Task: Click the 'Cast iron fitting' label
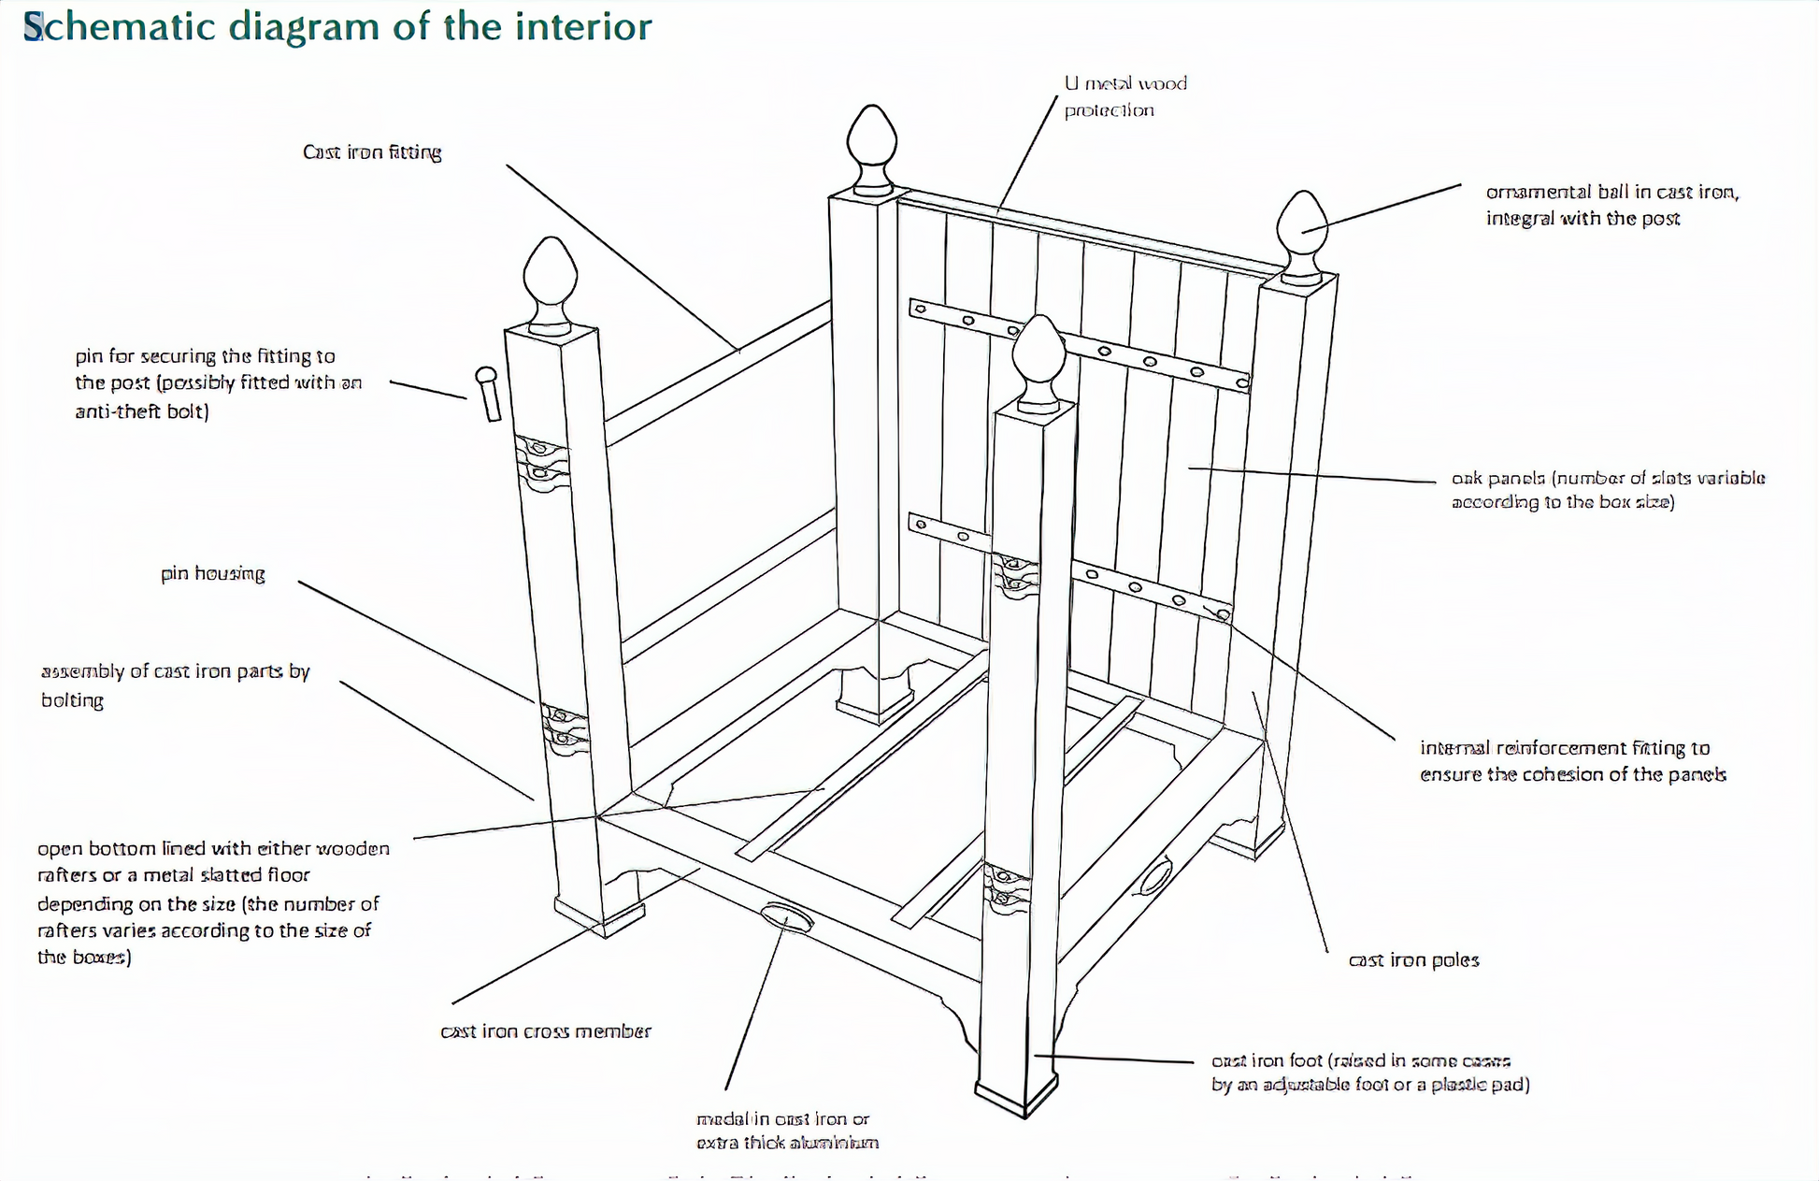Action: (x=372, y=152)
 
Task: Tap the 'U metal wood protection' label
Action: (x=1124, y=96)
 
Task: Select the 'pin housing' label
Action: (x=213, y=573)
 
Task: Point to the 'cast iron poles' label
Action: (x=1413, y=960)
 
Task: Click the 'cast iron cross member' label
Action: (x=546, y=1031)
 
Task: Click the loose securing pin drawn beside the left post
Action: (x=488, y=393)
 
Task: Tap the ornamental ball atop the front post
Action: (x=1040, y=359)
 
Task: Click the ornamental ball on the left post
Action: (x=551, y=279)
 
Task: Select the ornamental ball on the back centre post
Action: (x=871, y=145)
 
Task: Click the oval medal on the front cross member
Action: (x=786, y=918)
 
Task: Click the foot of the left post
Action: (x=598, y=916)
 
